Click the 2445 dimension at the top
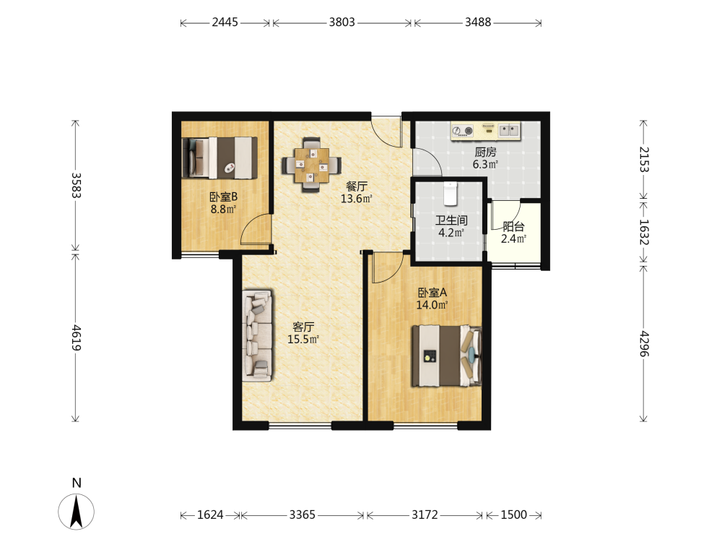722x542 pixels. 225,22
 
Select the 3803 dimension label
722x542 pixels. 342,22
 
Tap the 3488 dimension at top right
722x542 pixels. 478,22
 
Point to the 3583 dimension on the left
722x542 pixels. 76,185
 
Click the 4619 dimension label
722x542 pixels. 76,337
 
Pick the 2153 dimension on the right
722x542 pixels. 644,160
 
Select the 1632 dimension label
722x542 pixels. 644,232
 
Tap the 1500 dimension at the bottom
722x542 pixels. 514,515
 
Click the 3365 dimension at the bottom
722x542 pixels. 302,515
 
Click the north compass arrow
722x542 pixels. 76,511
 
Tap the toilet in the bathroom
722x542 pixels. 451,194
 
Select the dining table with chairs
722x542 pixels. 312,165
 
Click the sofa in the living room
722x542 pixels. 257,335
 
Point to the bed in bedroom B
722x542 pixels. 219,158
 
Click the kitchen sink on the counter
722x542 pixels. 509,130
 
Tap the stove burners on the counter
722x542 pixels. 462,131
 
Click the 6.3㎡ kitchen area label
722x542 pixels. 485,164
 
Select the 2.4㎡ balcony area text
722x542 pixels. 513,238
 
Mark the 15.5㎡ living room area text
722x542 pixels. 303,339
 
